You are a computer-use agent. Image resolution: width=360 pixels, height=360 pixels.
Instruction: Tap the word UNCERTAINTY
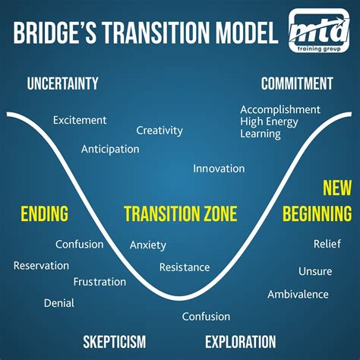62,84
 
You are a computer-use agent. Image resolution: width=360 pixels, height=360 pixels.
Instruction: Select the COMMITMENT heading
297,84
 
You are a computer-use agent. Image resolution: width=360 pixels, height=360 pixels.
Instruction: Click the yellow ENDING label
44,213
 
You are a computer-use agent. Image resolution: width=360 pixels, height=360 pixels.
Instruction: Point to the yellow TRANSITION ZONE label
180,213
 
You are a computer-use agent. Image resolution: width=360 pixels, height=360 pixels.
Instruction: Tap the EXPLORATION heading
240,341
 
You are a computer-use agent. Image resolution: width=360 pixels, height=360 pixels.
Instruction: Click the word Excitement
79,120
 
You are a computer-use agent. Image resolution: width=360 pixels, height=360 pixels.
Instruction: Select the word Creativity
159,130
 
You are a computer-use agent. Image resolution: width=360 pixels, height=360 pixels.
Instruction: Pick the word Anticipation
110,149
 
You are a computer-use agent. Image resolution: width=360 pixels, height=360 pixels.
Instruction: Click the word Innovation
219,168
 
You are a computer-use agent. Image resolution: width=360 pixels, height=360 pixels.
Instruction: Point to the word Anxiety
147,245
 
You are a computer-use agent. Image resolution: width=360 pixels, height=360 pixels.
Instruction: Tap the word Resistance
184,267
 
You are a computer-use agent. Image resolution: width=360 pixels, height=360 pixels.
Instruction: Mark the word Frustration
99,282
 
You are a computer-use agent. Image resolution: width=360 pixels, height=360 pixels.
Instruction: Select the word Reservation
41,265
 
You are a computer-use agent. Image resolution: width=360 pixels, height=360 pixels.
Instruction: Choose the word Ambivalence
298,294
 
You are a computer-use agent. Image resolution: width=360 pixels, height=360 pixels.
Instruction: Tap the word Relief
327,244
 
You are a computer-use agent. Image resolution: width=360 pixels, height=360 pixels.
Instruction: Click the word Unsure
315,271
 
